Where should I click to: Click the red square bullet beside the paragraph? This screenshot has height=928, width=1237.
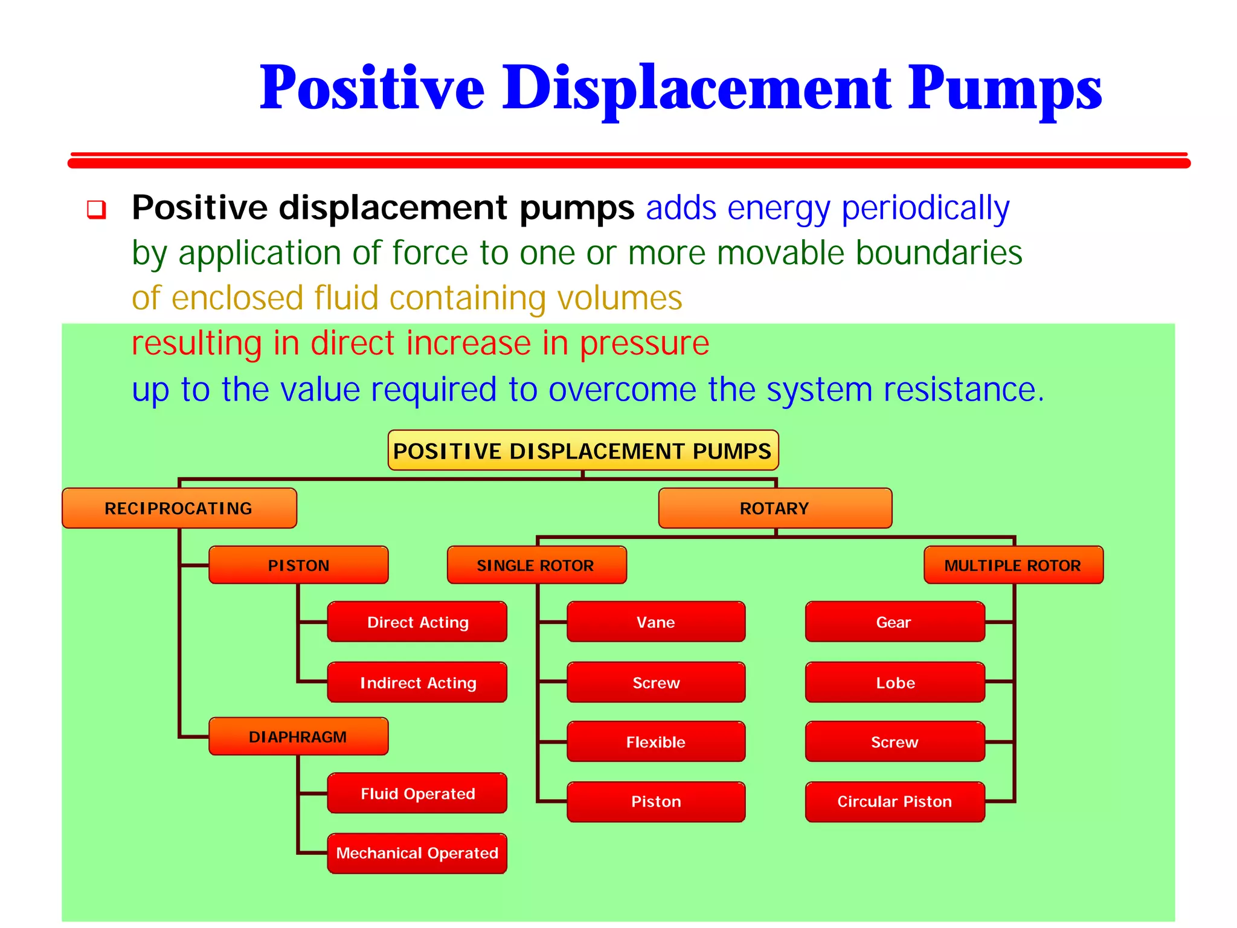pos(97,210)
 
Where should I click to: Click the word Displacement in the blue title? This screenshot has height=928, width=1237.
pos(697,88)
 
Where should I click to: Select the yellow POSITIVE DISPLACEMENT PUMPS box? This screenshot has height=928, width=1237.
pos(583,451)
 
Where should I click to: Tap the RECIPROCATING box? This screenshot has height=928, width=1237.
pos(179,508)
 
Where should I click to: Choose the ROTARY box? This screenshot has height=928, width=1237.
pos(775,508)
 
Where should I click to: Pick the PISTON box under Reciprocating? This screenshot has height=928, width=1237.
pos(298,565)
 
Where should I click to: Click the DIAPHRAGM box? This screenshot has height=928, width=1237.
pos(298,736)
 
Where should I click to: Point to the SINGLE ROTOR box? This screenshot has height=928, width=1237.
pos(536,565)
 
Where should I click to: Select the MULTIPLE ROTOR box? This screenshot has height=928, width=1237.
pos(1013,565)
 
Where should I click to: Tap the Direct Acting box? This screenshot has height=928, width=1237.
pos(417,622)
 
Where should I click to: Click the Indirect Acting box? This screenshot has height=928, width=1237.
pos(417,682)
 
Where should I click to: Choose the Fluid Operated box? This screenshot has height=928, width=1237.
pos(417,793)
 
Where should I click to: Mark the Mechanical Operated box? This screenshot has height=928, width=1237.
pos(417,853)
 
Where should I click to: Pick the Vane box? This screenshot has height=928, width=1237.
pos(656,622)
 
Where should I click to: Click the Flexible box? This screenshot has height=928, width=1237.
pos(656,741)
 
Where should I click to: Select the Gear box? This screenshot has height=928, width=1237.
pos(895,622)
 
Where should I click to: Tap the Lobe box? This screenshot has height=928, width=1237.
pos(895,682)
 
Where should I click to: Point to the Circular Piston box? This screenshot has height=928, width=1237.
pos(895,801)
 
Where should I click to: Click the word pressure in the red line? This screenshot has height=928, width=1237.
pos(644,344)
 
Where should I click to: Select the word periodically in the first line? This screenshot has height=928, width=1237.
pos(925,209)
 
